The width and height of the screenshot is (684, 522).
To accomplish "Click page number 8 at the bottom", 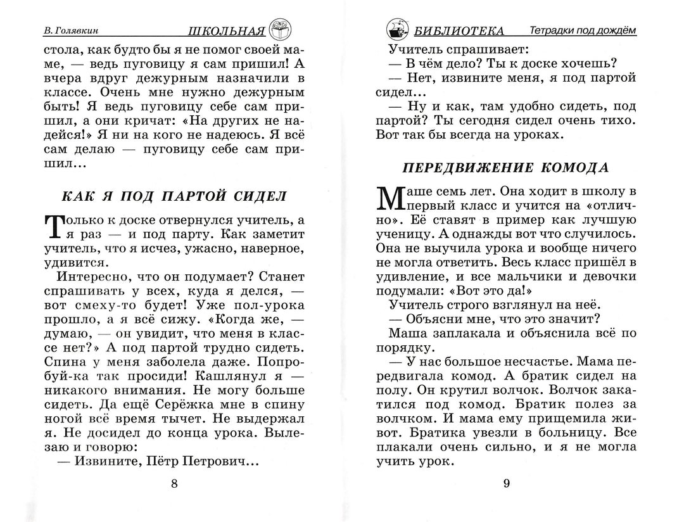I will pyautogui.click(x=175, y=485).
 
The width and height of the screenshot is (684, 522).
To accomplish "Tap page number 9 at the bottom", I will pyautogui.click(x=506, y=485).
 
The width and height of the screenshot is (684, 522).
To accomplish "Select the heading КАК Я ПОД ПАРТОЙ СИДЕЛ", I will pyautogui.click(x=174, y=196).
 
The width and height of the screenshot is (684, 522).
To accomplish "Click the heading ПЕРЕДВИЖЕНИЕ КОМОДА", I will pyautogui.click(x=505, y=168).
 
